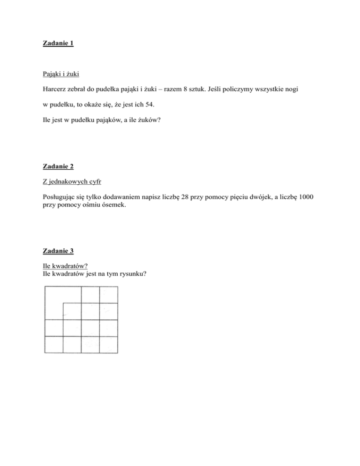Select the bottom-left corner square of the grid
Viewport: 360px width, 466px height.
[x=53, y=345]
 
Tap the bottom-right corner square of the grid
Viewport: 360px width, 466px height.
[x=109, y=345]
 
